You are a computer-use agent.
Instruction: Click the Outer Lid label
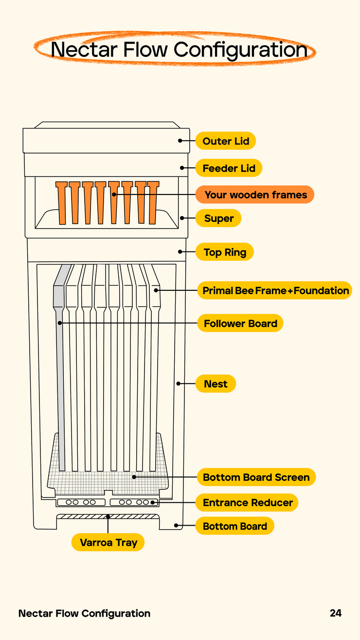(x=225, y=141)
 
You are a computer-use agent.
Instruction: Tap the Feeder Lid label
(x=229, y=168)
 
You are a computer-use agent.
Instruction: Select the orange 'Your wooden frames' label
(x=255, y=195)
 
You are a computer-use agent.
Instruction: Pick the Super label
(x=218, y=218)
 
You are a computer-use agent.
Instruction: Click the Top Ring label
(x=225, y=252)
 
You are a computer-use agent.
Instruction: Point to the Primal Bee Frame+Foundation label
(x=274, y=290)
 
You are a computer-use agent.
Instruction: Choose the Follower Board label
(x=240, y=323)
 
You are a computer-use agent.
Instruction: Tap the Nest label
(x=216, y=384)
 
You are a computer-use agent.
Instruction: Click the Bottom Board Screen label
(x=256, y=477)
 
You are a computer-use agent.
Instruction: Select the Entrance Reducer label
(x=247, y=502)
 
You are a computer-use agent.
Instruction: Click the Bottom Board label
(x=235, y=526)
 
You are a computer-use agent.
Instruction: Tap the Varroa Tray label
(x=108, y=542)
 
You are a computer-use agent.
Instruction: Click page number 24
(x=336, y=613)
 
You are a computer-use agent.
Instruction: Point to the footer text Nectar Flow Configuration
(x=84, y=613)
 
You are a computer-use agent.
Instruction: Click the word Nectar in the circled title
(x=84, y=50)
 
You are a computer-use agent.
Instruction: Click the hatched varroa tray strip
(x=108, y=516)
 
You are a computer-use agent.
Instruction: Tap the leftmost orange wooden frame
(x=62, y=203)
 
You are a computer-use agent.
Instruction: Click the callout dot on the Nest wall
(x=178, y=384)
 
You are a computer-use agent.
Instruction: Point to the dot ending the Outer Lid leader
(x=180, y=141)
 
